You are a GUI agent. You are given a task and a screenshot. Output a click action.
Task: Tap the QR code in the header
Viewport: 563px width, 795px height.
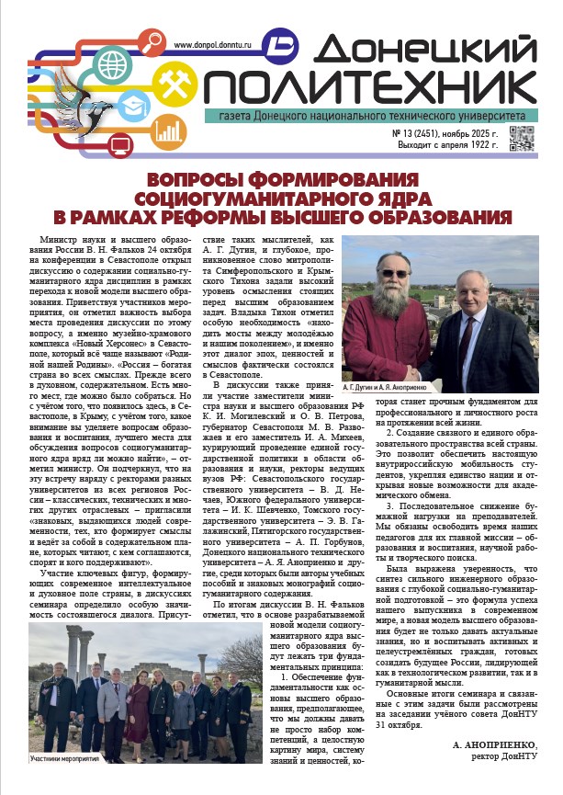click(x=521, y=139)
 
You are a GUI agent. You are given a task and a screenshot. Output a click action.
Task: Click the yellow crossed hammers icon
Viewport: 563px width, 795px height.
click(x=173, y=84)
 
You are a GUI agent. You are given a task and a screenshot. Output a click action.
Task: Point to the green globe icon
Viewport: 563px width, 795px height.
click(x=113, y=64)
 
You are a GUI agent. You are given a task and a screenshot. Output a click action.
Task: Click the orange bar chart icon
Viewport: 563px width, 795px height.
click(x=165, y=131)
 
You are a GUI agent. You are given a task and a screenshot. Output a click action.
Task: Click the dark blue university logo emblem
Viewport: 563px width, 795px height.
click(x=281, y=45)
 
